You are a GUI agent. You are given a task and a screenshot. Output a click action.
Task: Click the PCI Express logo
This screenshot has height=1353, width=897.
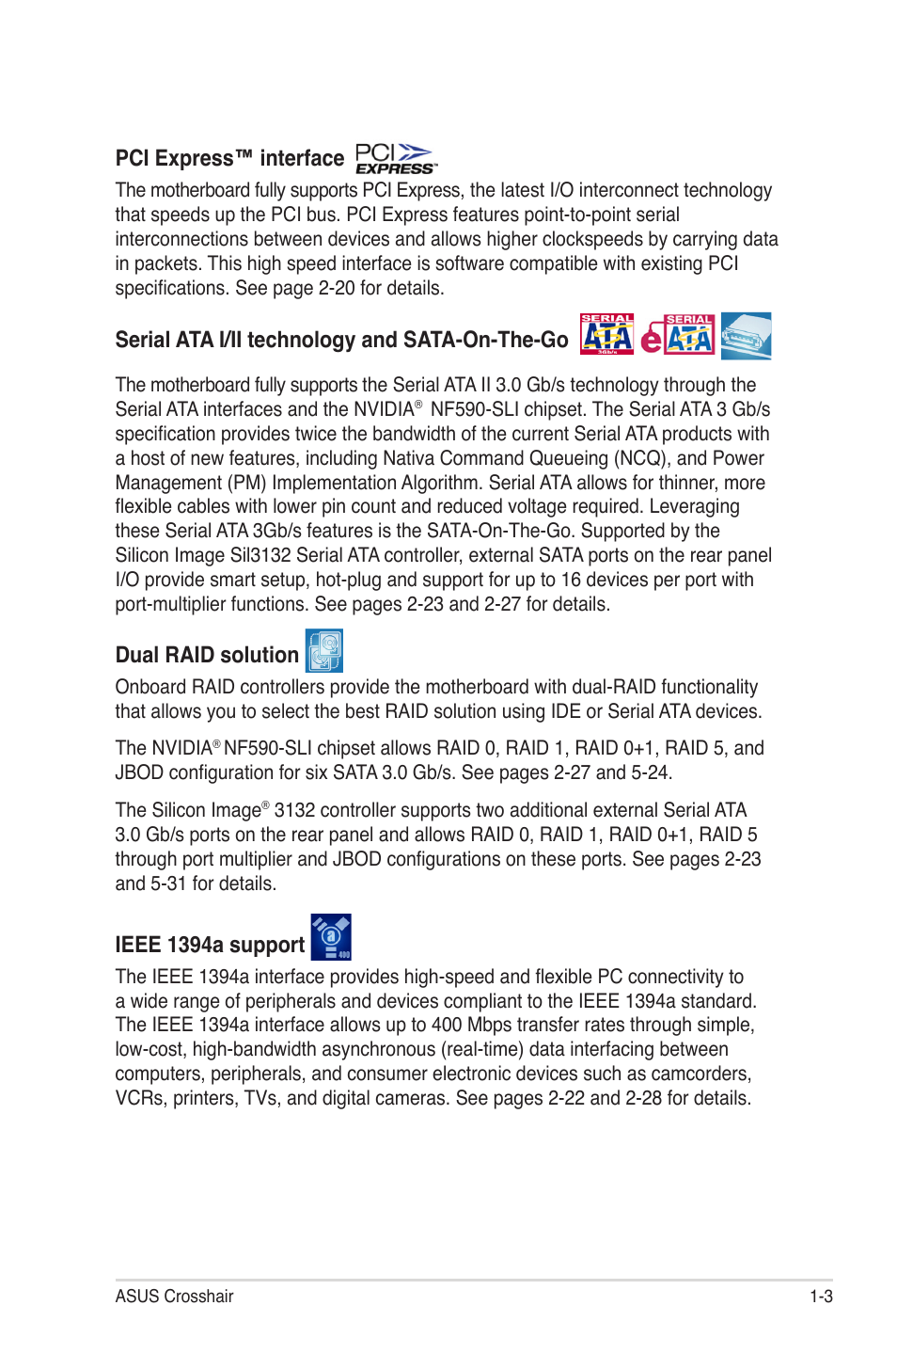click(x=395, y=158)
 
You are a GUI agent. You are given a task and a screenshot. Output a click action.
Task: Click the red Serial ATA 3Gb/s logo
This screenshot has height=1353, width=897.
click(x=606, y=334)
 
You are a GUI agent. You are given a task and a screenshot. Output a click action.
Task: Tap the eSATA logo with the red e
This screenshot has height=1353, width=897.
click(x=678, y=335)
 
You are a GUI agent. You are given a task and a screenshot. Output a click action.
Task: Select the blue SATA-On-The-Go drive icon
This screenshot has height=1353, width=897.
click(x=747, y=335)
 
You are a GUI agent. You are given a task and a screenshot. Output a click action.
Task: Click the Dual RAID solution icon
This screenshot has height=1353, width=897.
click(x=324, y=651)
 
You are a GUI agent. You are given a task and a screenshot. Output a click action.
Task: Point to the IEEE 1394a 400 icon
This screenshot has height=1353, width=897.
click(x=331, y=937)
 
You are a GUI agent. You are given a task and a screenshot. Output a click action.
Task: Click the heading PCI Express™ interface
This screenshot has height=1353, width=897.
click(x=229, y=158)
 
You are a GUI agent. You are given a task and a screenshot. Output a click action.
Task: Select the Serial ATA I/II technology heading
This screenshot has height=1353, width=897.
click(x=341, y=340)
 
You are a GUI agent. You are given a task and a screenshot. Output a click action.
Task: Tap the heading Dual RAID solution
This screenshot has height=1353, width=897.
click(x=207, y=655)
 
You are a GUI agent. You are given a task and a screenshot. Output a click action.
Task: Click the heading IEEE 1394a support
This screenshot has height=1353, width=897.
click(x=210, y=945)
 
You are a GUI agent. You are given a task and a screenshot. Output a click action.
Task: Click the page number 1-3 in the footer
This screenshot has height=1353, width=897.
click(x=821, y=1297)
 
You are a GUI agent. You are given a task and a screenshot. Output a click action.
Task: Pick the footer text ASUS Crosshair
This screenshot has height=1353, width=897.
click(x=174, y=1297)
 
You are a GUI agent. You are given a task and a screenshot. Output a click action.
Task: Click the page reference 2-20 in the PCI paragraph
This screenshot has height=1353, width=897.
click(x=337, y=288)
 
